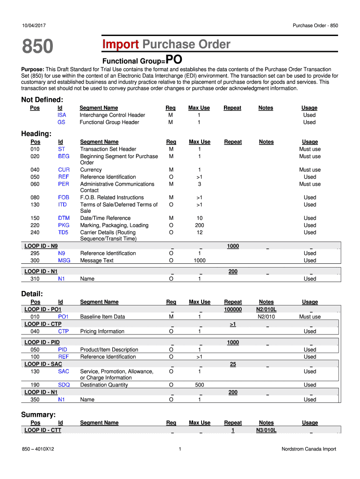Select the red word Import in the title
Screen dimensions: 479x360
[x=121, y=44]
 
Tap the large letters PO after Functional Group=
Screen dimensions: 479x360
[x=174, y=60]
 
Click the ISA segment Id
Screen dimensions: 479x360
[x=62, y=115]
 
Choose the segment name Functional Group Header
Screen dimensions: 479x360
[x=109, y=123]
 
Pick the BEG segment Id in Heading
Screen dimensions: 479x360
[x=64, y=156]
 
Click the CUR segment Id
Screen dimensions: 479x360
[x=64, y=170]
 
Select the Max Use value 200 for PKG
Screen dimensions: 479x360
[x=199, y=225]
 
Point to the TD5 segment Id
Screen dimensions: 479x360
[x=63, y=232]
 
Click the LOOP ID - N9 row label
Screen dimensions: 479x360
[x=44, y=246]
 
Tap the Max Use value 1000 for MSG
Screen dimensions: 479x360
[x=199, y=261]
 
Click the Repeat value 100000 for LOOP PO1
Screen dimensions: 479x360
[x=233, y=310]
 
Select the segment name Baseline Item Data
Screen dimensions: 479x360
[x=102, y=317]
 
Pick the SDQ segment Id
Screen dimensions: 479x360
[x=64, y=385]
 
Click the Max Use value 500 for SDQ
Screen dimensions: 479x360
[x=199, y=385]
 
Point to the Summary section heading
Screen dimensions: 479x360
[x=38, y=414]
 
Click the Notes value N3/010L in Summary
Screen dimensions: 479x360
[x=266, y=430]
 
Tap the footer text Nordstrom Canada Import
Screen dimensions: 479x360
[x=309, y=450]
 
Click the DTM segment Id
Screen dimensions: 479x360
[x=64, y=218]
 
